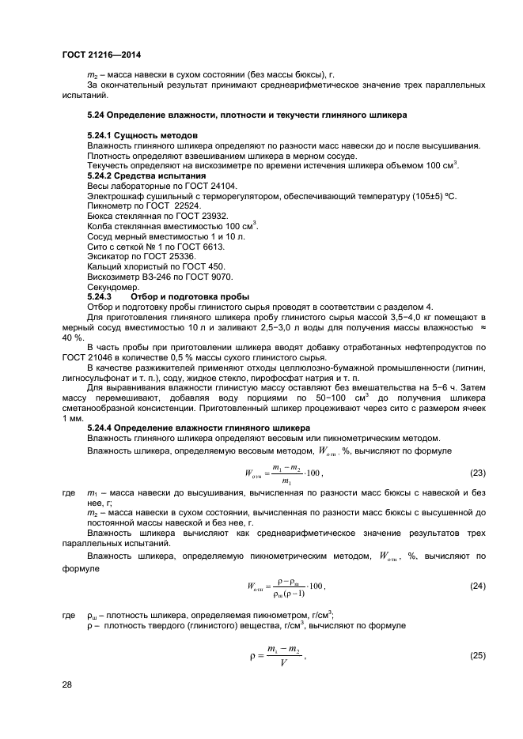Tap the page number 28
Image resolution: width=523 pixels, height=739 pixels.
pyautogui.click(x=67, y=684)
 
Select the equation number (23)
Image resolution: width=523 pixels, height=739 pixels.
pyautogui.click(x=477, y=473)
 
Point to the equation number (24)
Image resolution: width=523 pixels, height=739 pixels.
pyautogui.click(x=477, y=586)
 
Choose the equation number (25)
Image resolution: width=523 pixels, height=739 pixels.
pyautogui.click(x=477, y=655)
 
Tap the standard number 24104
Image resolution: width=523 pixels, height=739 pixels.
pyautogui.click(x=199, y=185)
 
